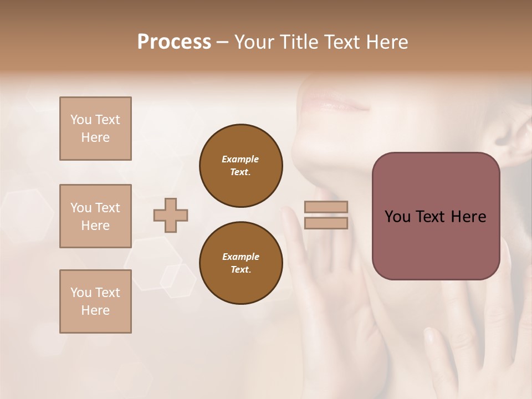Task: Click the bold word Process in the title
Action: tap(174, 42)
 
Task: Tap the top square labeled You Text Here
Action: tap(95, 129)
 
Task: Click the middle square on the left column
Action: tap(95, 216)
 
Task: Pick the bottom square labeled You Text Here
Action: tap(95, 301)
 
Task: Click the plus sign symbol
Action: tap(171, 216)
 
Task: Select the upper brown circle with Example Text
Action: tap(241, 166)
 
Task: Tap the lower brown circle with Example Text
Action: tap(241, 263)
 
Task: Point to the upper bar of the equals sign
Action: tap(326, 207)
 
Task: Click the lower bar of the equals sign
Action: tap(326, 223)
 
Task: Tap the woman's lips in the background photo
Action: tap(333, 103)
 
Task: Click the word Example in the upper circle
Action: tap(240, 159)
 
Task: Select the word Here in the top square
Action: tap(95, 137)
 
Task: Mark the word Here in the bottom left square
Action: tap(95, 310)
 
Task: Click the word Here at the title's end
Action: tap(387, 42)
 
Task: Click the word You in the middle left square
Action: tap(81, 208)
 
